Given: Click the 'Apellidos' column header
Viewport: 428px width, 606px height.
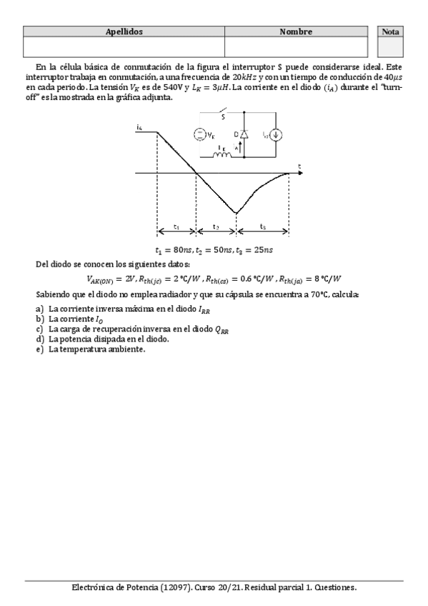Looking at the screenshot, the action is click(124, 32).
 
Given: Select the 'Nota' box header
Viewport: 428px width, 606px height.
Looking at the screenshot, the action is click(390, 32).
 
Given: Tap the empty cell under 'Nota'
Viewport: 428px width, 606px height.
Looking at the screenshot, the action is click(390, 47).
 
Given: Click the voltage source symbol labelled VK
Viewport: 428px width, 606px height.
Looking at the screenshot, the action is click(199, 135).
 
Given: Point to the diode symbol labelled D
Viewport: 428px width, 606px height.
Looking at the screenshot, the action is click(243, 134).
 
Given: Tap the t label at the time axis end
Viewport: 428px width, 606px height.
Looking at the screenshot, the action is click(300, 167).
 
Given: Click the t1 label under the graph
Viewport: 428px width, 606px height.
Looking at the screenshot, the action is click(176, 227).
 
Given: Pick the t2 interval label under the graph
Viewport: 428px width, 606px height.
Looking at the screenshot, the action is click(216, 227).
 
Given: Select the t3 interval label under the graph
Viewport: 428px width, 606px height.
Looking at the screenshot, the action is click(262, 227).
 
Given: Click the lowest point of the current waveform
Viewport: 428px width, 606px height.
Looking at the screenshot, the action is click(237, 212).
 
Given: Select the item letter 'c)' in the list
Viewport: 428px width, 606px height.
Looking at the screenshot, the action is click(40, 329).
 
